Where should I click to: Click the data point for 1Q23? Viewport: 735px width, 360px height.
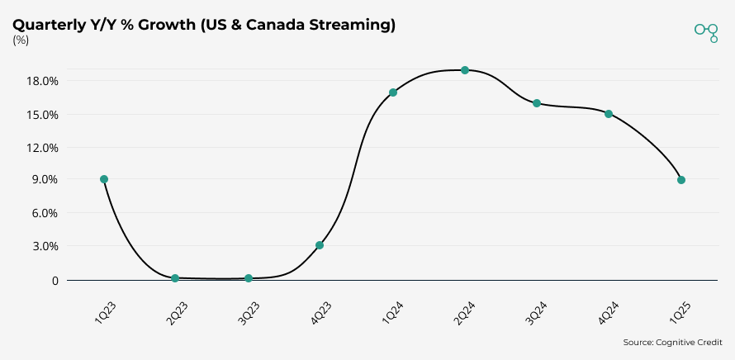104,179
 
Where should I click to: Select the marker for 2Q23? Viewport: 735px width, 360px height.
175,278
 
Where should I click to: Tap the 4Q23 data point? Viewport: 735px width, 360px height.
320,245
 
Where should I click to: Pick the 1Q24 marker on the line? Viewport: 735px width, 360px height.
393,92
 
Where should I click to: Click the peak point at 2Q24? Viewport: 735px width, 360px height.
465,70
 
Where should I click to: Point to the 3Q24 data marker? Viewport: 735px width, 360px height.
537,103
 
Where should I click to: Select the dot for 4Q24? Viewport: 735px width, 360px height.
609,114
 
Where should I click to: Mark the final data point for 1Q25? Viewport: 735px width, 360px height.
681,180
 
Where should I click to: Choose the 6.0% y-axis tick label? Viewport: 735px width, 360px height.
45,213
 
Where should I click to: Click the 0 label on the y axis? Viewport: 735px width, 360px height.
55,281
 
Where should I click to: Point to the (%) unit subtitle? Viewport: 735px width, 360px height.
21,41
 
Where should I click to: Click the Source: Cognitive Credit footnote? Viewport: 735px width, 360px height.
671,342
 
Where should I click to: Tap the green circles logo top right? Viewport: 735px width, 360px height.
706,31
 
